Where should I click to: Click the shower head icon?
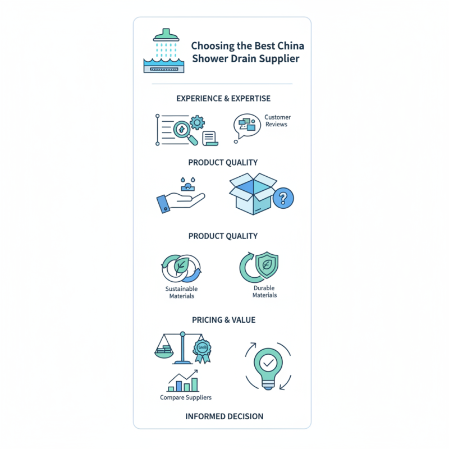tap(166, 35)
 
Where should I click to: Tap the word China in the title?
tap(291, 46)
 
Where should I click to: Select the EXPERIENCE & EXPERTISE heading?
tap(223, 99)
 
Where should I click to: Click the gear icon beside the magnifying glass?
tap(197, 122)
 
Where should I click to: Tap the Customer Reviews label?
tap(277, 121)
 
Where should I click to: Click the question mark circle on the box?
tap(283, 198)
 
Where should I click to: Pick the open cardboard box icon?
tap(253, 194)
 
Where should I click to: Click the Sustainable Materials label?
tap(181, 292)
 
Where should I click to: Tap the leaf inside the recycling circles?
tap(181, 265)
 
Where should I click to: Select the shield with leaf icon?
tap(267, 264)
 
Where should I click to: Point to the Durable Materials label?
tap(264, 291)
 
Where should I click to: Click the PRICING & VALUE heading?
tap(223, 320)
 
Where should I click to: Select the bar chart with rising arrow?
tap(183, 381)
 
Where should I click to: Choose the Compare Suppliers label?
tap(186, 397)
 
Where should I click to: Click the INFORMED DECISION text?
tap(224, 416)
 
